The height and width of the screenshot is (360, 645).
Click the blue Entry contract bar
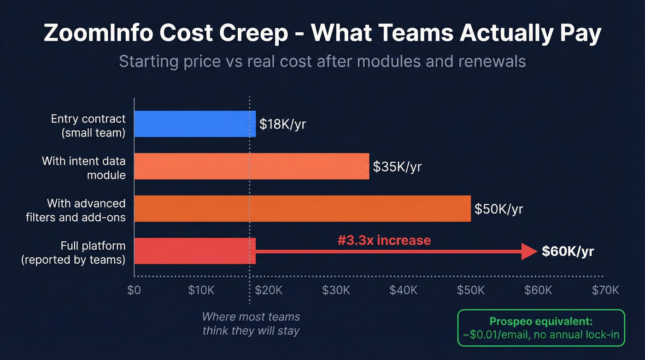point(194,124)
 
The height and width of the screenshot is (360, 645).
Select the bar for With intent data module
point(252,166)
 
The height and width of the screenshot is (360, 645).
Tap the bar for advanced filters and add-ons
point(302,208)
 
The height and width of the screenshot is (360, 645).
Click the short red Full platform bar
point(194,251)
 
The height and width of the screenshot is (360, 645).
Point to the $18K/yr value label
point(282,124)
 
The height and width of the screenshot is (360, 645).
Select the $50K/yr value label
point(499,209)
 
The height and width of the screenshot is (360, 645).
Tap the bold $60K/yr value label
point(568,251)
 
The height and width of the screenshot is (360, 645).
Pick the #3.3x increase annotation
point(384,240)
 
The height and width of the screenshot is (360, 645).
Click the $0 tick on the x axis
point(134,290)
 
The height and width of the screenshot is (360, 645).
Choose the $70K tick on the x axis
point(605,290)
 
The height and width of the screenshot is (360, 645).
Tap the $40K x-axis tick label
point(404,290)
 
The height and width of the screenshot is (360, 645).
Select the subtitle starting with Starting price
point(322,61)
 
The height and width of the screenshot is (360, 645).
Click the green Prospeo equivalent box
point(541,328)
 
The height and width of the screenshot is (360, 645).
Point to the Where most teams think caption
point(251,324)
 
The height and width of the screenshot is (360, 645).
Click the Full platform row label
point(73,252)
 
